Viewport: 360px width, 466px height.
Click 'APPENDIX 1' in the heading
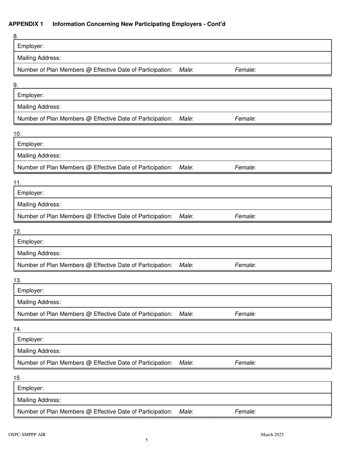26,24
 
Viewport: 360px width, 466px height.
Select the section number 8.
16,36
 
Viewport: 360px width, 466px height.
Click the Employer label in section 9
30,95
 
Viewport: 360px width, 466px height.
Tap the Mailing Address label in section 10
39,156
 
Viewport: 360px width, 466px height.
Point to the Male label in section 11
186,216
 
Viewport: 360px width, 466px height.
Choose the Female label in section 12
245,265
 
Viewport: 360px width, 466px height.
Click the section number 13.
17,280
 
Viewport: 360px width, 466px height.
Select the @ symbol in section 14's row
89,363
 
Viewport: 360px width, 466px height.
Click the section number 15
17,378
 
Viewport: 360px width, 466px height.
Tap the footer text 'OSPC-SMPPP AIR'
27,435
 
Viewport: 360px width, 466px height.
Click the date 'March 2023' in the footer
272,435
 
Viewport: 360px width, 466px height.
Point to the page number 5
147,440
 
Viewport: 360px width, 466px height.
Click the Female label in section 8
245,70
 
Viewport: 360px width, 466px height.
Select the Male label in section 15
186,411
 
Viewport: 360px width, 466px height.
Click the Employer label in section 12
30,242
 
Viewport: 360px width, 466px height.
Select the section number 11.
17,183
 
